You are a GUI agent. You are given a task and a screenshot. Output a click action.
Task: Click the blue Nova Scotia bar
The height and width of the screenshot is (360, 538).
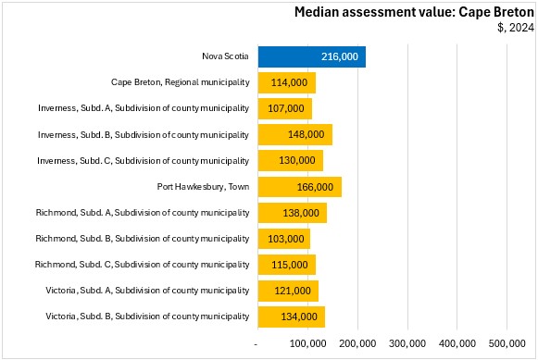click(x=311, y=56)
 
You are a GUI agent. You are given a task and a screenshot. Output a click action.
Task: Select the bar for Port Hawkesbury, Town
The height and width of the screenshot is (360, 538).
click(x=299, y=187)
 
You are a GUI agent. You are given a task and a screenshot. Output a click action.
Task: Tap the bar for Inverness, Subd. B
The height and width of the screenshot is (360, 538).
click(x=295, y=134)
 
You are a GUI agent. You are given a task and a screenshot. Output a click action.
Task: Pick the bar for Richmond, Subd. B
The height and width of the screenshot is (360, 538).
click(x=284, y=239)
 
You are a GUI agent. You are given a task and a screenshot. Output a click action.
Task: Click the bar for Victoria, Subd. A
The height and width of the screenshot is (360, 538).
click(x=288, y=291)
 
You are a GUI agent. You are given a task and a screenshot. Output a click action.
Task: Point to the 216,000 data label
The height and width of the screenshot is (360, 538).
click(x=340, y=56)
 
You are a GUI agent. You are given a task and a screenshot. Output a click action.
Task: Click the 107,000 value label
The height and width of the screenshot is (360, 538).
click(x=286, y=108)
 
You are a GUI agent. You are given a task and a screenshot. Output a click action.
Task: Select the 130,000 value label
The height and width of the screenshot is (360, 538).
click(x=297, y=160)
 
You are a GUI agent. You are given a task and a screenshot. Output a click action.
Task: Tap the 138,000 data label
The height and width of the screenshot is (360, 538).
click(x=301, y=213)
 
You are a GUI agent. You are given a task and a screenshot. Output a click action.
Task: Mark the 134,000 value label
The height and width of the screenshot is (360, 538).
click(x=299, y=317)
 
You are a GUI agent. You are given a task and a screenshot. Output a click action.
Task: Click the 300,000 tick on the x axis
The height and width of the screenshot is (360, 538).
click(x=407, y=343)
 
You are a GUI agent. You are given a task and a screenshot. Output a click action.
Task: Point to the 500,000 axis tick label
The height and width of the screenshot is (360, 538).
click(x=507, y=343)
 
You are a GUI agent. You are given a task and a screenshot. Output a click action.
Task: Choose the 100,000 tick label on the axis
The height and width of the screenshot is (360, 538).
click(x=307, y=343)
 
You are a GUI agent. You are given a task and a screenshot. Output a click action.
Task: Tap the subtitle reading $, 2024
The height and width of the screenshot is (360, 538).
click(x=516, y=28)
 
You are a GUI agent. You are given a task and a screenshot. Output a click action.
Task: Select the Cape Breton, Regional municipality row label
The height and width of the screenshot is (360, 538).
click(x=181, y=82)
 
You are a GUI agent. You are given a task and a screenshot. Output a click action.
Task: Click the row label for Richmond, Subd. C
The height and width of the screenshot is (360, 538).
click(x=142, y=265)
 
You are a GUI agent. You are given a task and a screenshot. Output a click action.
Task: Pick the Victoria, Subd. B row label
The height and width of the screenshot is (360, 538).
click(x=147, y=317)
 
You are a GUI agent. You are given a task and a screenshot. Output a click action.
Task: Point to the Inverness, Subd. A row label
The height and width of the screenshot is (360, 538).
click(x=144, y=108)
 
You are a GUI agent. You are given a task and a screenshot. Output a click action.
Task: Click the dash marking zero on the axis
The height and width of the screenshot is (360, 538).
click(x=256, y=344)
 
